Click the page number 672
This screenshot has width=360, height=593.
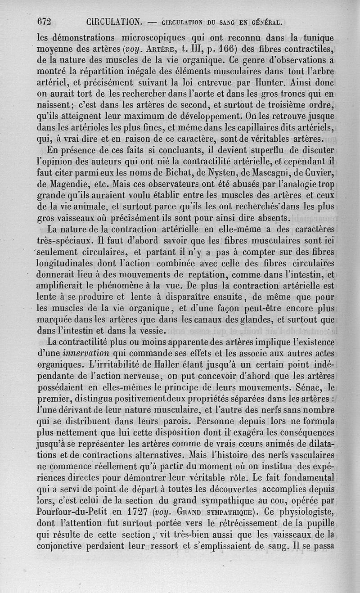45,21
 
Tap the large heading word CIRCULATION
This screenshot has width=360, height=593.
114,21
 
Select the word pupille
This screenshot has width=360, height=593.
318,523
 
